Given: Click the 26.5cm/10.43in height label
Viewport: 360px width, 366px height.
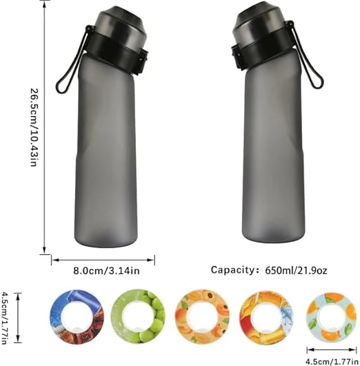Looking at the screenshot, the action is (34, 127).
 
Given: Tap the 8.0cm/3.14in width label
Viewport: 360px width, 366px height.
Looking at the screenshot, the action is (107, 271).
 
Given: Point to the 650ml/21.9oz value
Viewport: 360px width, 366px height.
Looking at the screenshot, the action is (296, 271).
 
